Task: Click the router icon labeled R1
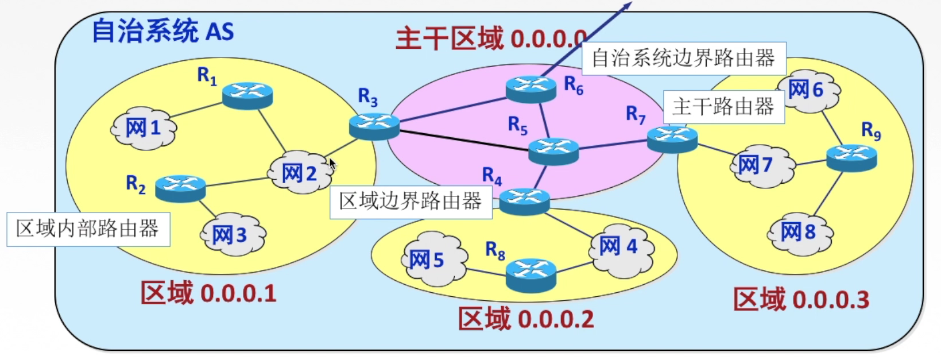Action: [247, 95]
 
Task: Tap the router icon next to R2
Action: [180, 188]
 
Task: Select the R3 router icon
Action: [374, 126]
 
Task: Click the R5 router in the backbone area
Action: [553, 151]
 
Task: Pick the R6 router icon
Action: [531, 89]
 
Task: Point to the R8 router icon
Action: [531, 274]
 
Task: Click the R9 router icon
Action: [851, 157]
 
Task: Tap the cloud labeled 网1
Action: [144, 129]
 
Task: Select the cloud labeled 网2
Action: [299, 172]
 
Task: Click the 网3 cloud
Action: [232, 234]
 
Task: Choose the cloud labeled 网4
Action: [621, 247]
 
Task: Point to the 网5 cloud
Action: [428, 260]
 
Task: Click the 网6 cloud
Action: [807, 90]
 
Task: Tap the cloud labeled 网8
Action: [799, 233]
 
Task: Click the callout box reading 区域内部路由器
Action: [88, 229]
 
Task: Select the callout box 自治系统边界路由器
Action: [683, 58]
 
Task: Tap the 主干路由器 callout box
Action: [723, 107]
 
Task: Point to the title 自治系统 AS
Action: [163, 32]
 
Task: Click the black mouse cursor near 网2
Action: [332, 164]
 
